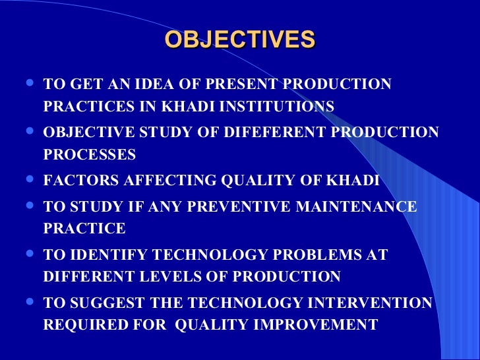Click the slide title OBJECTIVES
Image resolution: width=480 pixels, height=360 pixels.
pos(240,40)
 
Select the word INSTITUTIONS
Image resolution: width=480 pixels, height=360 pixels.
pos(277,107)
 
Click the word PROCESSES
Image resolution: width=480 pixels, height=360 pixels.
pos(89,155)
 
